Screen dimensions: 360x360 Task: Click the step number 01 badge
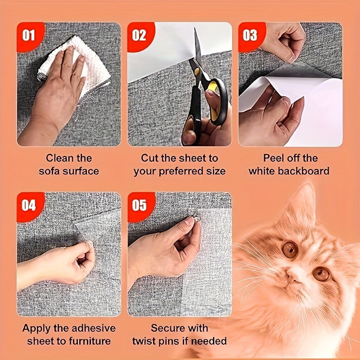tap(28, 35)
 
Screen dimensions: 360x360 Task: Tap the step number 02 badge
tap(139, 35)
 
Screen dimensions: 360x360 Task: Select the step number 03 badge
tap(250, 35)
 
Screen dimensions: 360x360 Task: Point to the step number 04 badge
tap(28, 206)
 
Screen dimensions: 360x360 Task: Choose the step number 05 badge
tap(139, 206)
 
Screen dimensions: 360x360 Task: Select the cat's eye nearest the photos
tap(290, 249)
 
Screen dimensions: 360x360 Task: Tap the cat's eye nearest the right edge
tap(321, 273)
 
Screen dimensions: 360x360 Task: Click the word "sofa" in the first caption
tap(50, 171)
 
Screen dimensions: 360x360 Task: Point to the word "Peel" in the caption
tap(274, 158)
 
